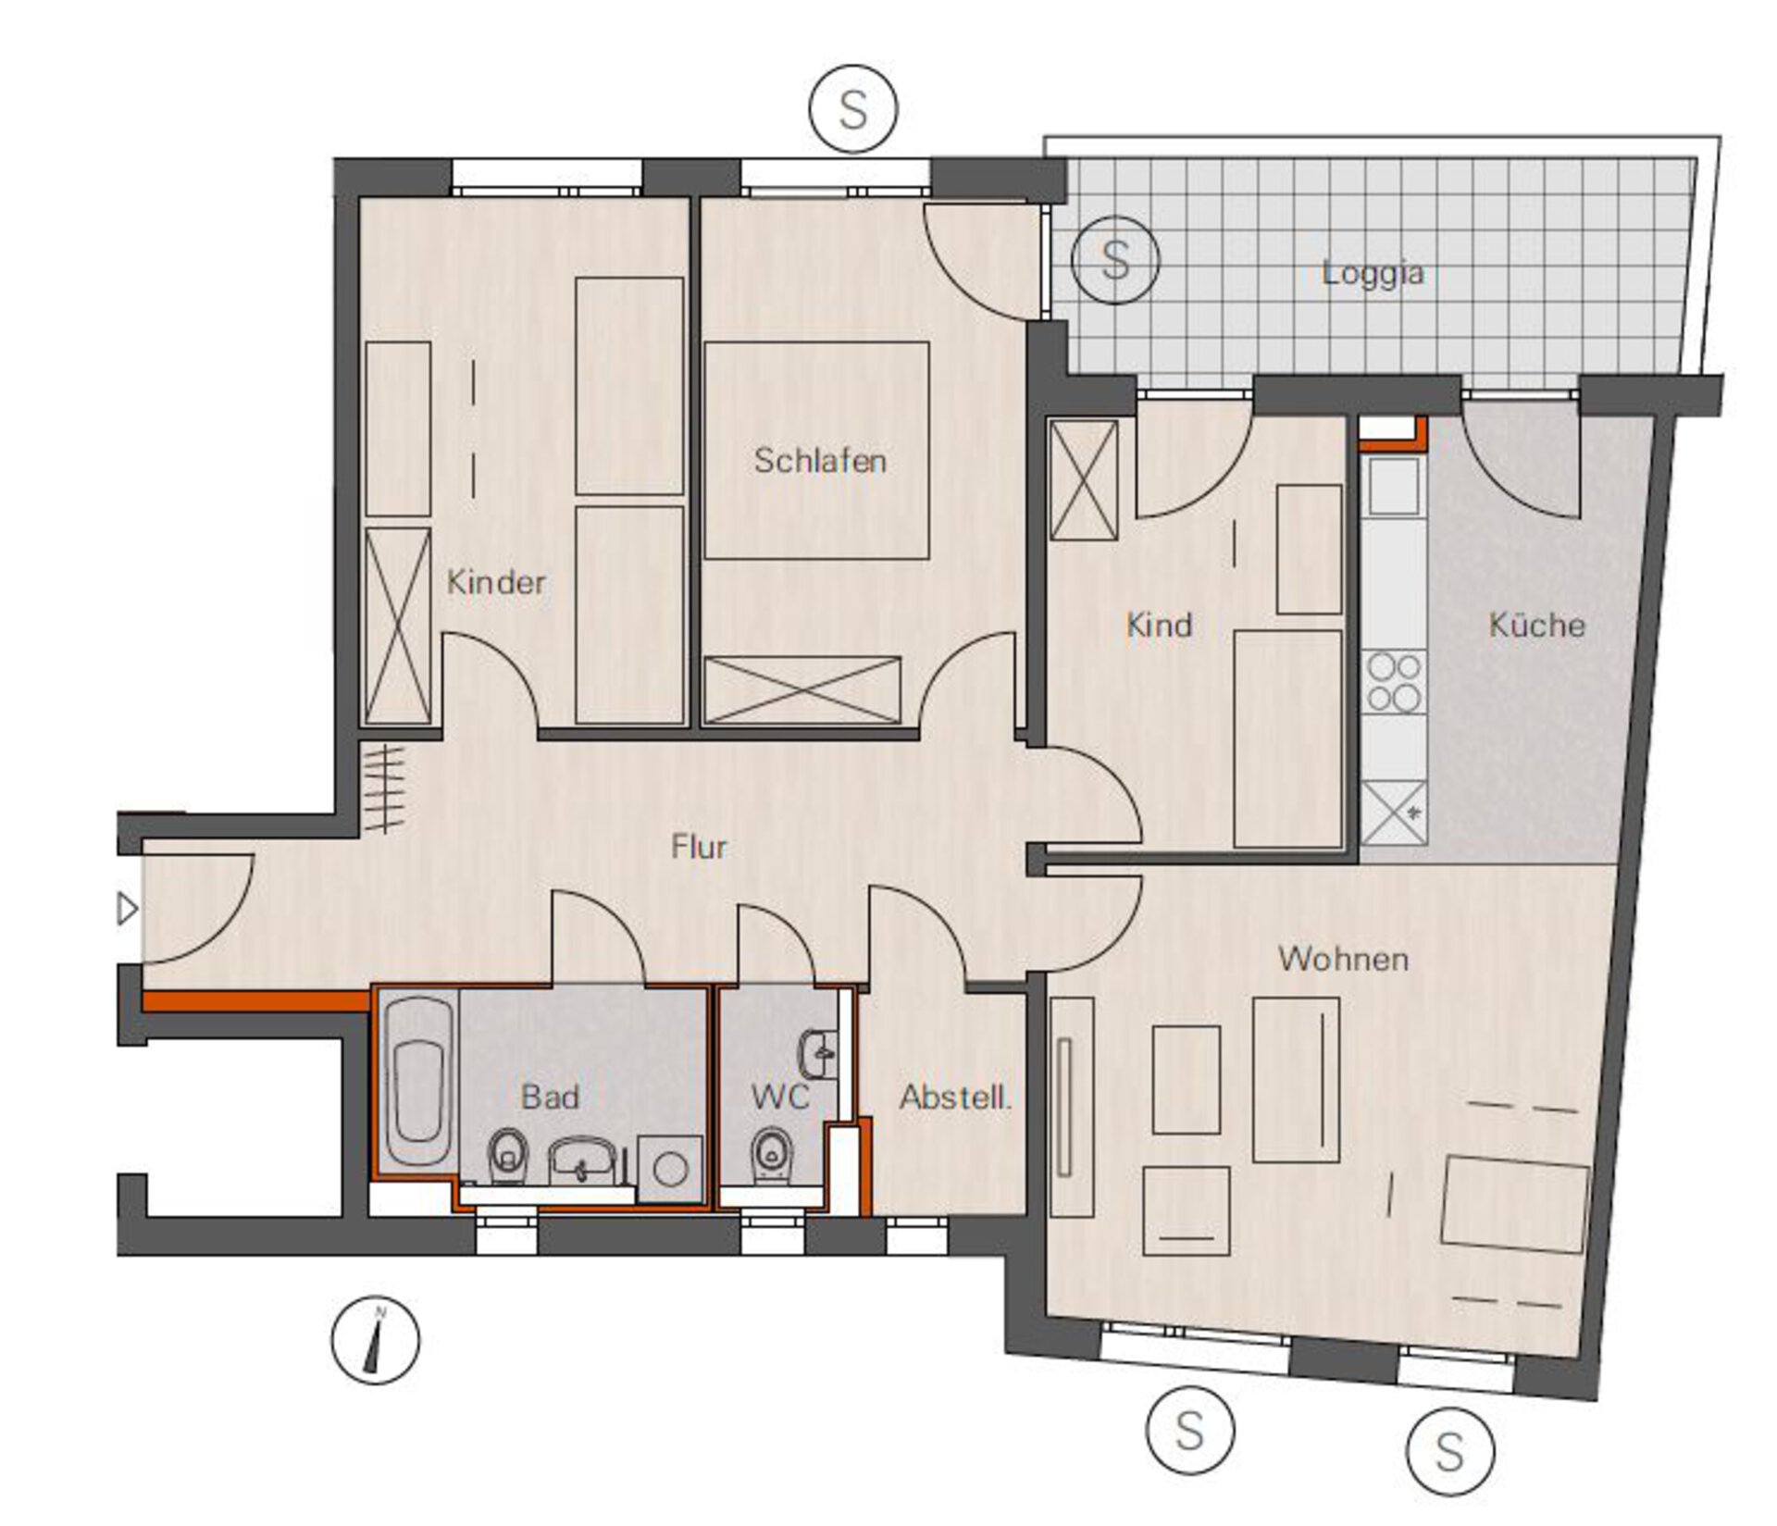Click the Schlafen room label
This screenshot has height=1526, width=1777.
[x=820, y=461]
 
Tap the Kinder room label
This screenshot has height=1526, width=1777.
[x=496, y=582]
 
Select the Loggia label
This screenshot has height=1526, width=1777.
[x=1373, y=274]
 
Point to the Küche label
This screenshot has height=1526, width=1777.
[x=1536, y=625]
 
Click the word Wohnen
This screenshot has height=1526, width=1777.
[x=1343, y=959]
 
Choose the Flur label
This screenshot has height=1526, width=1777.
[x=699, y=847]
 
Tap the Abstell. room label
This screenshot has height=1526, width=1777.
[x=955, y=1098]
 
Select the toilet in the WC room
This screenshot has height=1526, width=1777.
[x=770, y=1153]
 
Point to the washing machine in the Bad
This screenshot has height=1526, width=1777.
[x=669, y=1170]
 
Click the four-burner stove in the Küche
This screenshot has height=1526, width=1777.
[x=1394, y=683]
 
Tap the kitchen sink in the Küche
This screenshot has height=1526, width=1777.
[x=1394, y=485]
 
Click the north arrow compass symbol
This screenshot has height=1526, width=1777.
[x=375, y=1339]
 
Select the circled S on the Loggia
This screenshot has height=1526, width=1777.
[x=1115, y=260]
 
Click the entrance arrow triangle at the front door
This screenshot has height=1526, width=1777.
[x=128, y=909]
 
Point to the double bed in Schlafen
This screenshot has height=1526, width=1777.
[x=816, y=451]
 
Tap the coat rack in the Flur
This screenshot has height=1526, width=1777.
[x=385, y=789]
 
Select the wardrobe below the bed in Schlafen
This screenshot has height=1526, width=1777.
[x=802, y=689]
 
